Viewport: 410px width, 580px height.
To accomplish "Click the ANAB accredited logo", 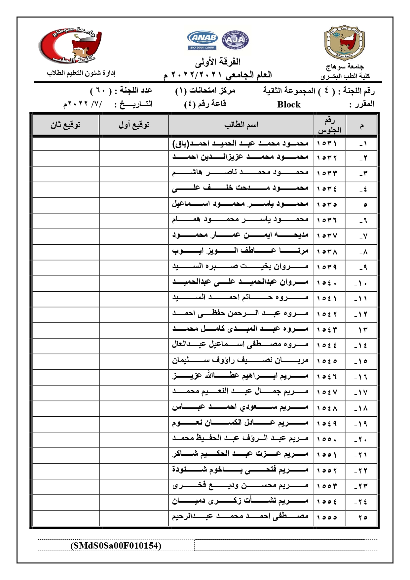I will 202,40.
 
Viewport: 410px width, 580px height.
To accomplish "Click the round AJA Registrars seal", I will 235,40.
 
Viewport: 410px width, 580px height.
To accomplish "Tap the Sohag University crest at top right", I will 344,43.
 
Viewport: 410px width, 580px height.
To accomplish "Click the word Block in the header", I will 289,104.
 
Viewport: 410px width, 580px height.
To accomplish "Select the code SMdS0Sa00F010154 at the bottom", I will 116,545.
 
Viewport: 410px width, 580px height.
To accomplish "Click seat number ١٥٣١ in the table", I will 327,144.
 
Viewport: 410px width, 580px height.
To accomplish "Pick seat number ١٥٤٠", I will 327,283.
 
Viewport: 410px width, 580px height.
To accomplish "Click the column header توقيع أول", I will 134,125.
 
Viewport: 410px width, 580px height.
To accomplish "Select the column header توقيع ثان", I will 65,125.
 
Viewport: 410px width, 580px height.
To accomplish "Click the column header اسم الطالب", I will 241,125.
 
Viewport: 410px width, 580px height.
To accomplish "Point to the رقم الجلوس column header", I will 329,125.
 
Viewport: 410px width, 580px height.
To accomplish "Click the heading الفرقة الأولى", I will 218,62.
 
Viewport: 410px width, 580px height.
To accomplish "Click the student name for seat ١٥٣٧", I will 240,235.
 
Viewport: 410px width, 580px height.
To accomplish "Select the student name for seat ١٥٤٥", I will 240,360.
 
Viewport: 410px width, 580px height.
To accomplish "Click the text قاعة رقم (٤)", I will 205,104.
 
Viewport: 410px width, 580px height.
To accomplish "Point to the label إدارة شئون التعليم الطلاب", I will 81,73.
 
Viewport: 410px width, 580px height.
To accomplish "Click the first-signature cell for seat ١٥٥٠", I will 134,439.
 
